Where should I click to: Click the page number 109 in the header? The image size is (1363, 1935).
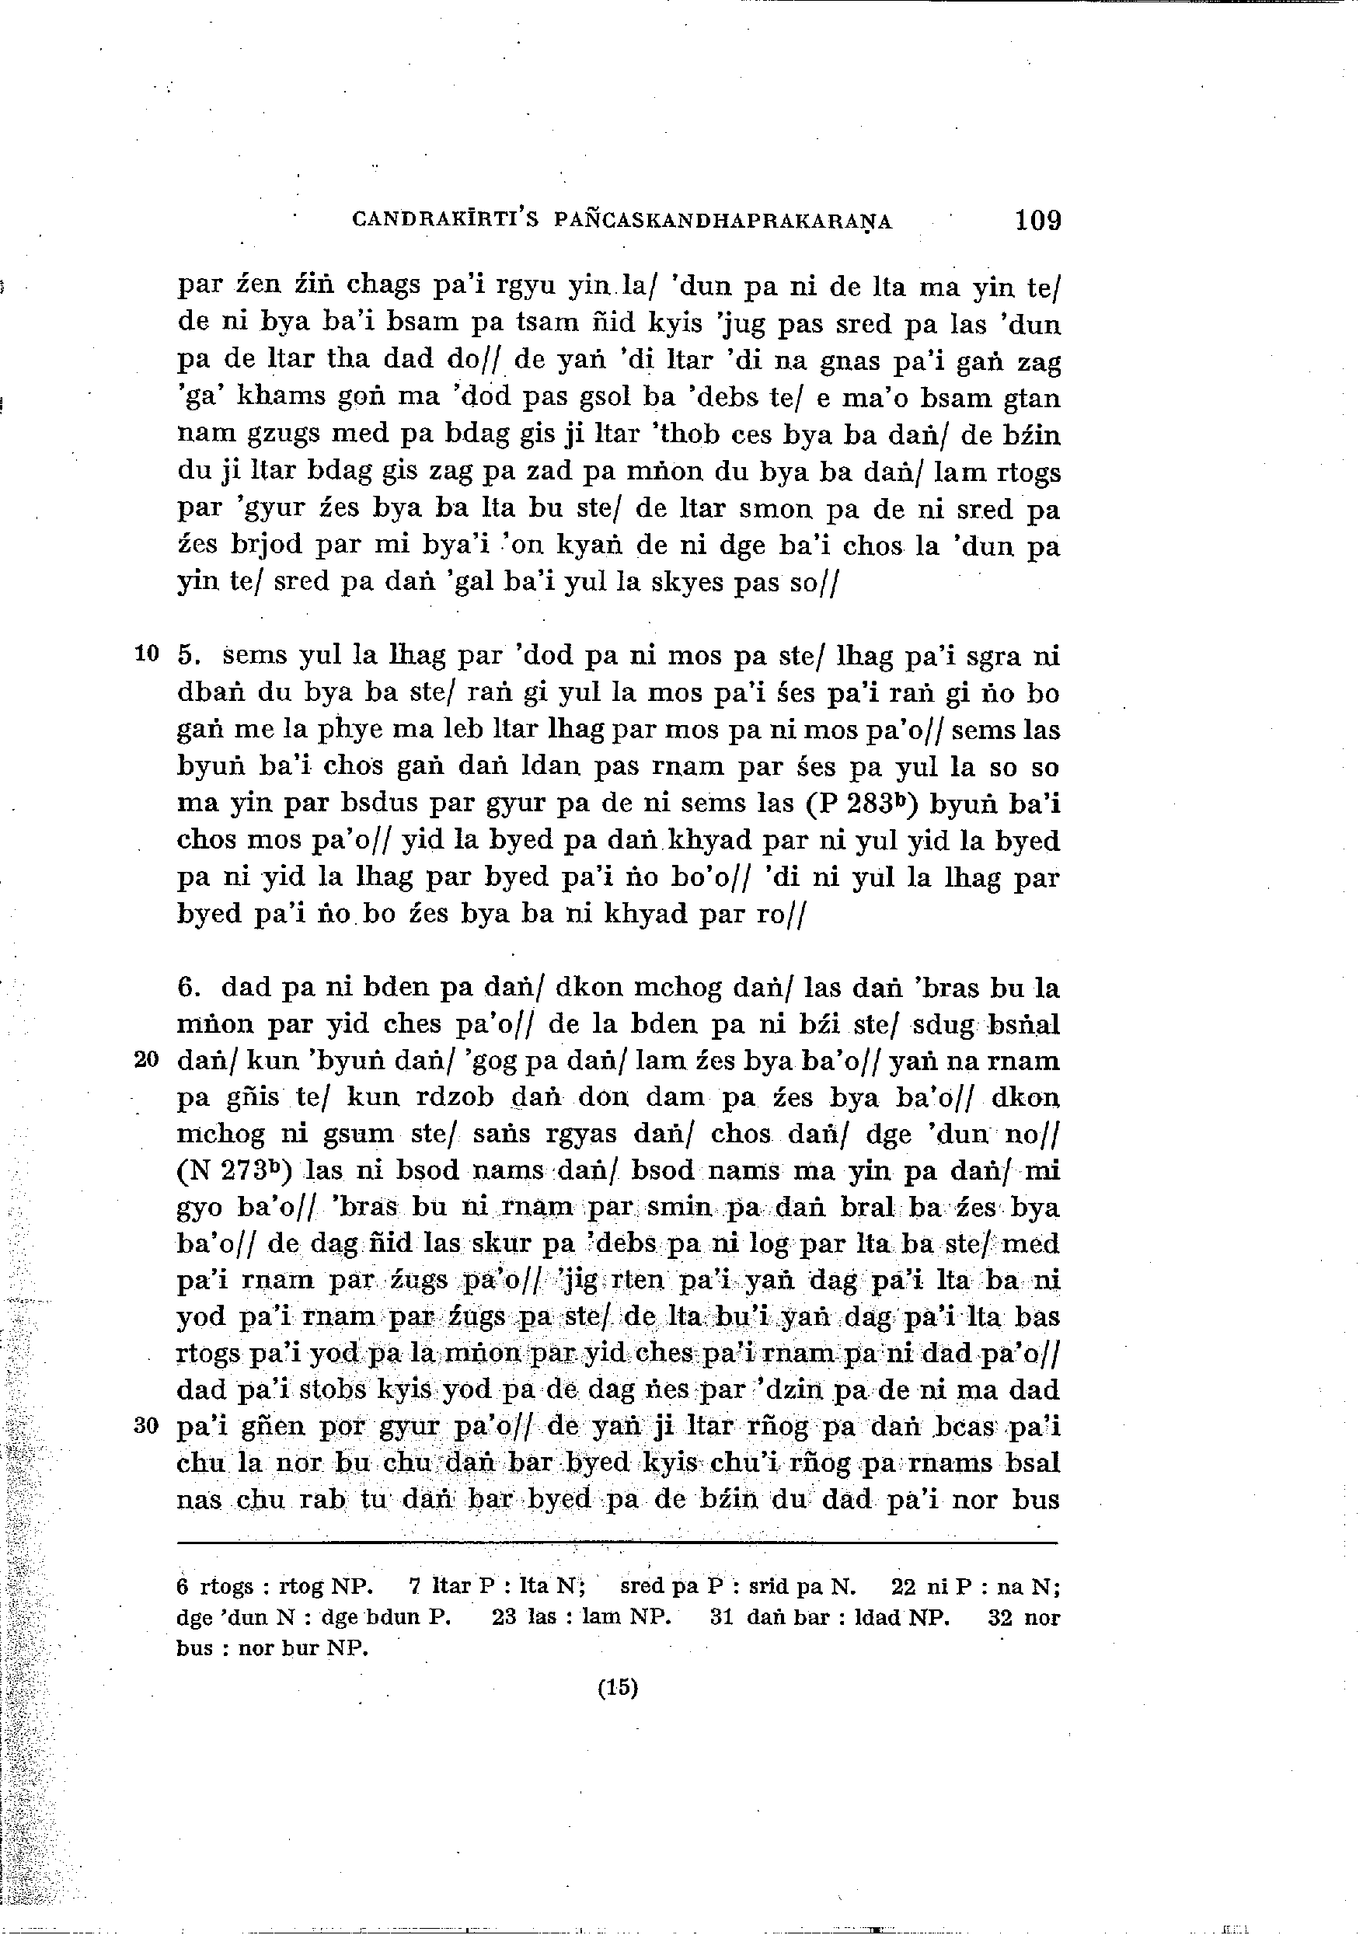1037,220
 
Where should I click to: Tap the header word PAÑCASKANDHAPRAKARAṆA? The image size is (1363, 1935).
723,221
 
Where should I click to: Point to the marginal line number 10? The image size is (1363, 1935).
147,654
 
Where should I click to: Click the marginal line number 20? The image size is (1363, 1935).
147,1060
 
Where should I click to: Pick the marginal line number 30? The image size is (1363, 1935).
147,1426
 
